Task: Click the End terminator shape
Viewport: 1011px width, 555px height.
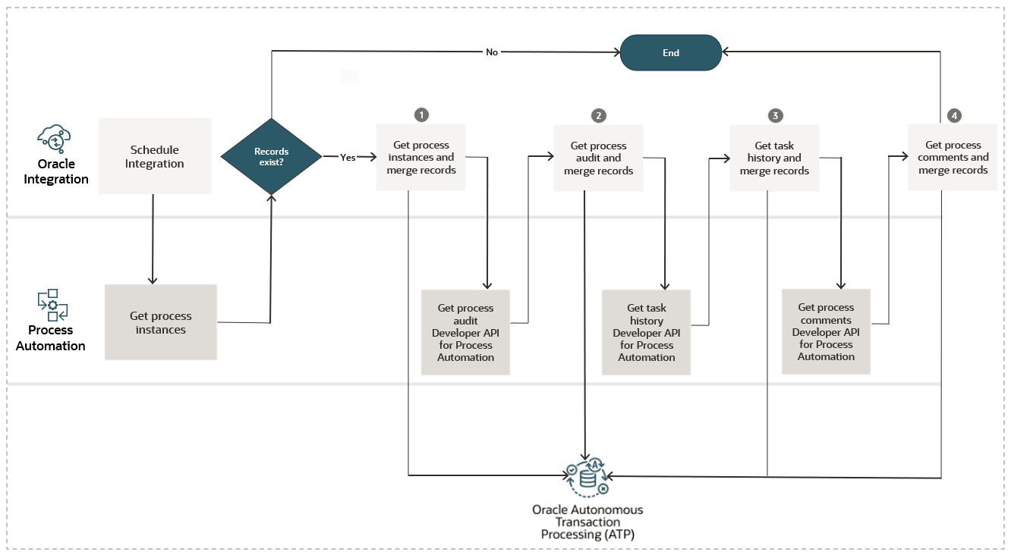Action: pyautogui.click(x=670, y=53)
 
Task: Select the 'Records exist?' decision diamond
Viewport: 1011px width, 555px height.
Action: pyautogui.click(x=271, y=157)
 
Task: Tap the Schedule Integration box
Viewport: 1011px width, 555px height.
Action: pyautogui.click(x=155, y=156)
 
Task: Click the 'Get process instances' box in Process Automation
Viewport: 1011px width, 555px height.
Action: pyautogui.click(x=161, y=322)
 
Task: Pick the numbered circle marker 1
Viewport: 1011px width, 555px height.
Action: pyautogui.click(x=421, y=114)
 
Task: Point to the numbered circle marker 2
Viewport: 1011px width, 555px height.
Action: pyautogui.click(x=599, y=115)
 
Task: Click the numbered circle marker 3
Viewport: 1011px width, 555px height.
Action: pyautogui.click(x=775, y=115)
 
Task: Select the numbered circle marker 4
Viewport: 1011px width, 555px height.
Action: pyautogui.click(x=954, y=115)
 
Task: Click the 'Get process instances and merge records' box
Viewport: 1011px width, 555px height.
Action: pyautogui.click(x=421, y=157)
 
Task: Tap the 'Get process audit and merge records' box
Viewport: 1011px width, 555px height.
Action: pyautogui.click(x=598, y=158)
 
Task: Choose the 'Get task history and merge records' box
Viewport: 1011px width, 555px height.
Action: pyautogui.click(x=774, y=158)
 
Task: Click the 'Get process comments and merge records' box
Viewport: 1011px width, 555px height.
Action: pyautogui.click(x=953, y=157)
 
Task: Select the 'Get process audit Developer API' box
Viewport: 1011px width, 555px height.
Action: pyautogui.click(x=465, y=332)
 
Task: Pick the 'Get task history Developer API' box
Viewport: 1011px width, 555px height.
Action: pyautogui.click(x=646, y=332)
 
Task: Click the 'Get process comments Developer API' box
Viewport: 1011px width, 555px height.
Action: pyautogui.click(x=826, y=331)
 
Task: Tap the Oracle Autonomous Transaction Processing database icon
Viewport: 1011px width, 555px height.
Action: pyautogui.click(x=587, y=477)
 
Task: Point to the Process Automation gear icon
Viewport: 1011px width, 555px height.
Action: pyautogui.click(x=53, y=305)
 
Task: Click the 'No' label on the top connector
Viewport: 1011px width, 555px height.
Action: pyautogui.click(x=492, y=52)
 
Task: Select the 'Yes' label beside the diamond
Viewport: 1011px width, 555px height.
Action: pyautogui.click(x=348, y=158)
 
